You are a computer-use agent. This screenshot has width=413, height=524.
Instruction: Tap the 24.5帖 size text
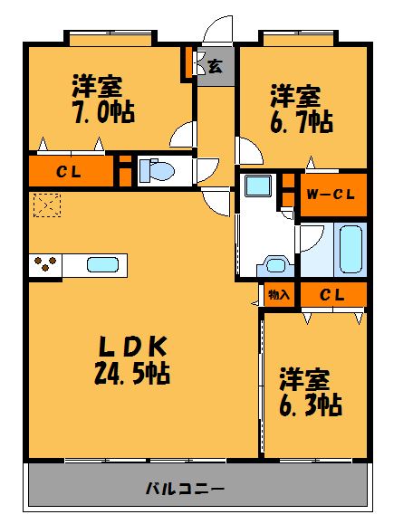pyautogui.click(x=134, y=371)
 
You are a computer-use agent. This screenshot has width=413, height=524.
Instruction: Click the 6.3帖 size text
pyautogui.click(x=310, y=404)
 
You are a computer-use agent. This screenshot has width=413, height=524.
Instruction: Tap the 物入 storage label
pyautogui.click(x=279, y=294)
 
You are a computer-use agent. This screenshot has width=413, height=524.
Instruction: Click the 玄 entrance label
pyautogui.click(x=216, y=65)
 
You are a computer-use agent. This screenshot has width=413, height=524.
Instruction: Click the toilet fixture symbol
pyautogui.click(x=158, y=170)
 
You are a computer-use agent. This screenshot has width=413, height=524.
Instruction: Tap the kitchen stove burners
pyautogui.click(x=45, y=265)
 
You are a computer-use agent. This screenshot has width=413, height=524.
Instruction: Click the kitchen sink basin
pyautogui.click(x=100, y=265)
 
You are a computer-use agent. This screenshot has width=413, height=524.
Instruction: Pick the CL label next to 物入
pyautogui.click(x=331, y=294)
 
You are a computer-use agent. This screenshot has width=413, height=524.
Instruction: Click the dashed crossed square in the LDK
pyautogui.click(x=45, y=205)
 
